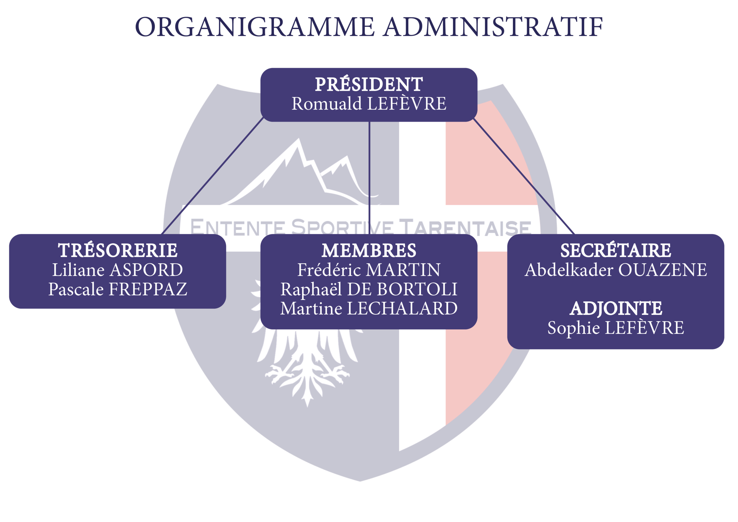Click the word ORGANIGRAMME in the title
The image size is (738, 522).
[255, 27]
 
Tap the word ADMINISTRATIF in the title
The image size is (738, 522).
[493, 27]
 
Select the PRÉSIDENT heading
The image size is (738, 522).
[369, 84]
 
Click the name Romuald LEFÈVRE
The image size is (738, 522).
[369, 104]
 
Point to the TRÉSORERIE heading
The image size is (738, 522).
[118, 250]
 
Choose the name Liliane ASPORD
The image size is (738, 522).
[118, 270]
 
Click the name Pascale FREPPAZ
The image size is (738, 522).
[118, 289]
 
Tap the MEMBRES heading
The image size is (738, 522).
[369, 251]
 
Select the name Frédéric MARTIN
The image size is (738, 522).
[369, 270]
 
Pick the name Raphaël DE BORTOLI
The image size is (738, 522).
[369, 289]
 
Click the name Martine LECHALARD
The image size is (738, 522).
[369, 308]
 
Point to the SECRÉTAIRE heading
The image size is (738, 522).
[615, 250]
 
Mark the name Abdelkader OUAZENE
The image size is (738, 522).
[615, 270]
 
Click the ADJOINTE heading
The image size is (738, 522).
[615, 308]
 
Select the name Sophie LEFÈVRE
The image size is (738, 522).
[615, 328]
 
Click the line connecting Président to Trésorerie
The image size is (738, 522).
[212, 176]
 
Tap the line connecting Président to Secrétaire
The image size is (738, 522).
[524, 176]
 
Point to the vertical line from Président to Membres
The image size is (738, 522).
[369, 178]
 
